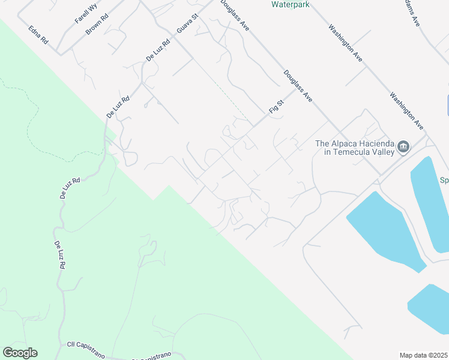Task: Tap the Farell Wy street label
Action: (x=86, y=13)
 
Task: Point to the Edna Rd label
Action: (x=38, y=35)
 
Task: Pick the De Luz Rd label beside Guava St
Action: (x=158, y=50)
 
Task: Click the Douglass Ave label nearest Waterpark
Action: (x=234, y=15)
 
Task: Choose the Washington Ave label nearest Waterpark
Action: (x=345, y=43)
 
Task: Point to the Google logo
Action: (x=20, y=353)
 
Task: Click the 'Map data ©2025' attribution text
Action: (x=423, y=355)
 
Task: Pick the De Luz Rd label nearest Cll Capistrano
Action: (x=59, y=254)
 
